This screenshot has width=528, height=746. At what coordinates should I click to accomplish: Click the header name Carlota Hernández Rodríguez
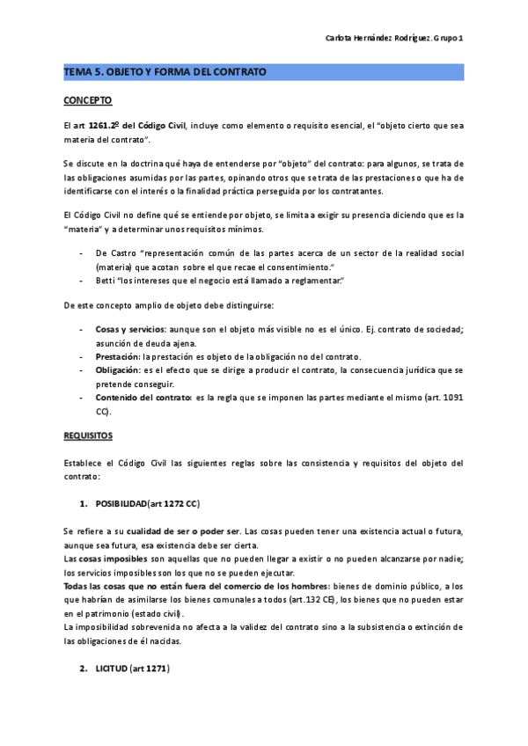[378, 38]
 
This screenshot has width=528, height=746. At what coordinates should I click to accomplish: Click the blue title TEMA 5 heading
[165, 71]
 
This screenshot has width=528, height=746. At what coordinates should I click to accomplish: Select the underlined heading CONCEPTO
[87, 101]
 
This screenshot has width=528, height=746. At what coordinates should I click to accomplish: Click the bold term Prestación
[118, 356]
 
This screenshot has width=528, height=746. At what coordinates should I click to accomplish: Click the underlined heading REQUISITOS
[88, 435]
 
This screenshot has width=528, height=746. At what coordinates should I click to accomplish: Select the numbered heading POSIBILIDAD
[121, 503]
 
